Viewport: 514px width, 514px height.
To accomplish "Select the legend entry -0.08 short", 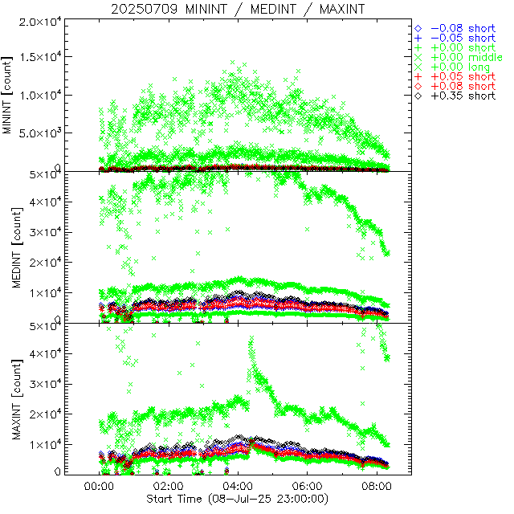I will (462, 27).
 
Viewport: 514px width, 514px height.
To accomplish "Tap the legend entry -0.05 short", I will (462, 38).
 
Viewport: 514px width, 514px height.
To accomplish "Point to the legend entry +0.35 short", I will (462, 96).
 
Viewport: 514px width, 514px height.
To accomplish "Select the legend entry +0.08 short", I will (462, 86).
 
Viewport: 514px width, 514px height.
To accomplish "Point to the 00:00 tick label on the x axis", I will (100, 487).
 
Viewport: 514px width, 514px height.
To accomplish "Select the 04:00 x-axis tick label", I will (239, 487).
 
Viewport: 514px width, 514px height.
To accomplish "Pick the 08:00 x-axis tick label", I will (377, 487).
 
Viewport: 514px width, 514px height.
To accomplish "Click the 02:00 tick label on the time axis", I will (169, 487).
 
